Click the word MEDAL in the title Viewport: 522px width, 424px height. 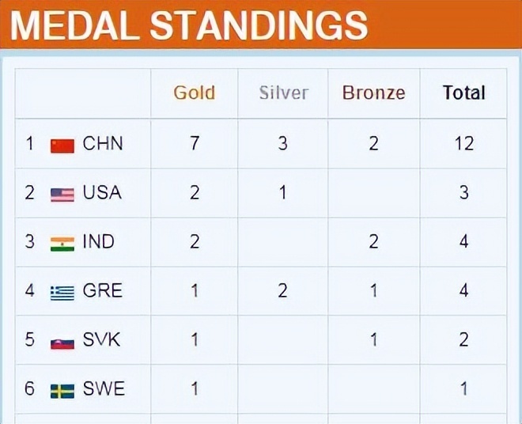74,25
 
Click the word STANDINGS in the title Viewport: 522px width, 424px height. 259,25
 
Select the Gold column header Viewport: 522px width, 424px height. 195,93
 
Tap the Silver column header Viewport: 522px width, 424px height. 284,93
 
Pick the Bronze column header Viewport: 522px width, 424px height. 374,93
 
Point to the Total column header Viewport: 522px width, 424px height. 463,93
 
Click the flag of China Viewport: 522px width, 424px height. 62,146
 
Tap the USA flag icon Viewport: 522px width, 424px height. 62,195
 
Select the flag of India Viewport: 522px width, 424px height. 62,244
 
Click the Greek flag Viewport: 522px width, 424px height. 62,293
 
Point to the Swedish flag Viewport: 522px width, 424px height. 62,392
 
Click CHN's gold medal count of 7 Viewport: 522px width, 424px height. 195,143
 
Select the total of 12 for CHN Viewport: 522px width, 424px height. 464,143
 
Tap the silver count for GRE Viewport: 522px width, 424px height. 282,290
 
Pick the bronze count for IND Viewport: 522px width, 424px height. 373,241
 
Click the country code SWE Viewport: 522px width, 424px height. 104,388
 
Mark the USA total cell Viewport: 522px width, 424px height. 464,192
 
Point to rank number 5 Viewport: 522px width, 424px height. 29,339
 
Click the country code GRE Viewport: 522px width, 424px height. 103,290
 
